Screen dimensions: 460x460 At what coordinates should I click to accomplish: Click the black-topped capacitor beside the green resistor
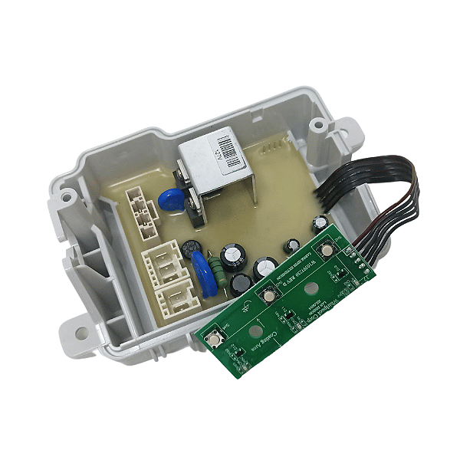pyautogui.click(x=242, y=282)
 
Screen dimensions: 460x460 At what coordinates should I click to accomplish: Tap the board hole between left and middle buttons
pyautogui.click(x=251, y=332)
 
